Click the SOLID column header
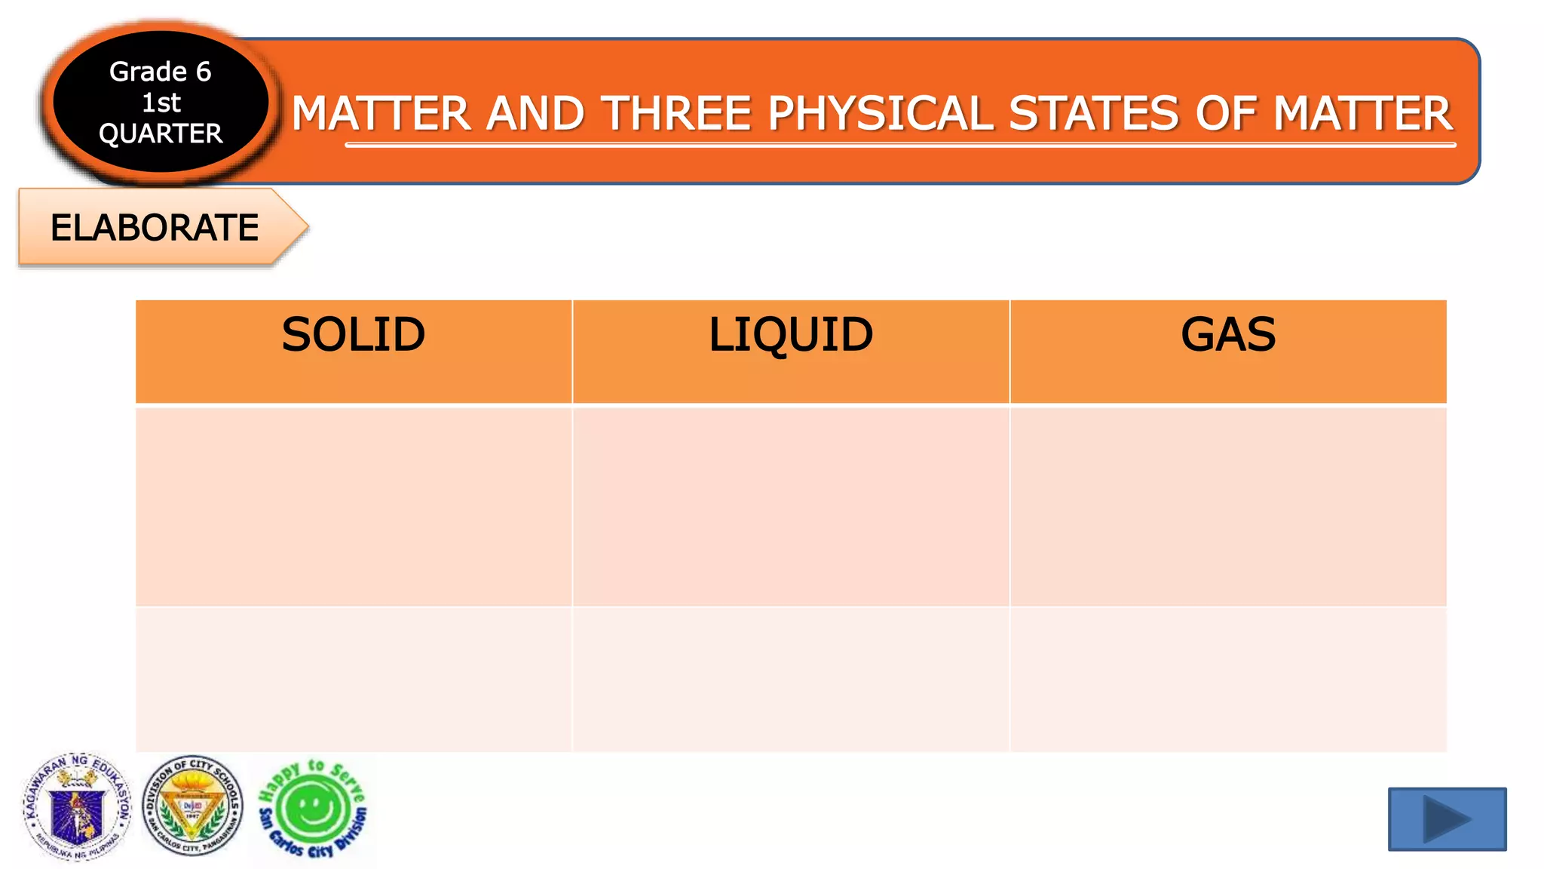(353, 335)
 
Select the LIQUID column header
(790, 335)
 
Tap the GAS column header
(1228, 335)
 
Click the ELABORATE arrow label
(155, 228)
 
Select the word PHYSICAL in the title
(880, 114)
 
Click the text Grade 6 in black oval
(160, 72)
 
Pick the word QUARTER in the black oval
(161, 134)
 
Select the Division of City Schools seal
(193, 806)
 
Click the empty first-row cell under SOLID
(353, 506)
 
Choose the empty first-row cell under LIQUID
(790, 506)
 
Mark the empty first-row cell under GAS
(1228, 506)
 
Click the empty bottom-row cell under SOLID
(353, 679)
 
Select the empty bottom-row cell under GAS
(1228, 679)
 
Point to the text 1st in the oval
(161, 103)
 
